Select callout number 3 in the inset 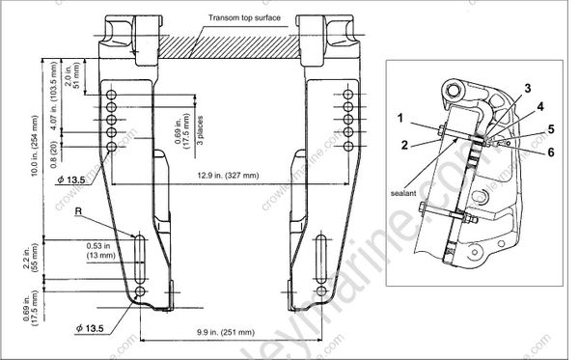[x=526, y=88]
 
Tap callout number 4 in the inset [x=539, y=105]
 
